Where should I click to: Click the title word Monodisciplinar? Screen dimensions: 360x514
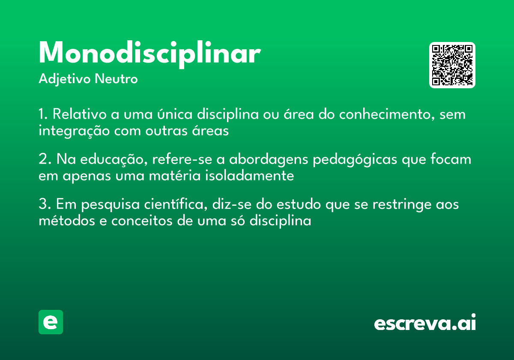[149, 54]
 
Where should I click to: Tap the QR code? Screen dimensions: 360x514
[452, 65]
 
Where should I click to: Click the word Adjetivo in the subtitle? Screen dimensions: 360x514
[65, 79]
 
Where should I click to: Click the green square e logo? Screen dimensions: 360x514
[51, 322]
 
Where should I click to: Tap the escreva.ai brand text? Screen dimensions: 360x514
[425, 323]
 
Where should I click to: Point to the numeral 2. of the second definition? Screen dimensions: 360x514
[44, 159]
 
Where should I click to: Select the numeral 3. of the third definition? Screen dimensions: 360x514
[44, 204]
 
